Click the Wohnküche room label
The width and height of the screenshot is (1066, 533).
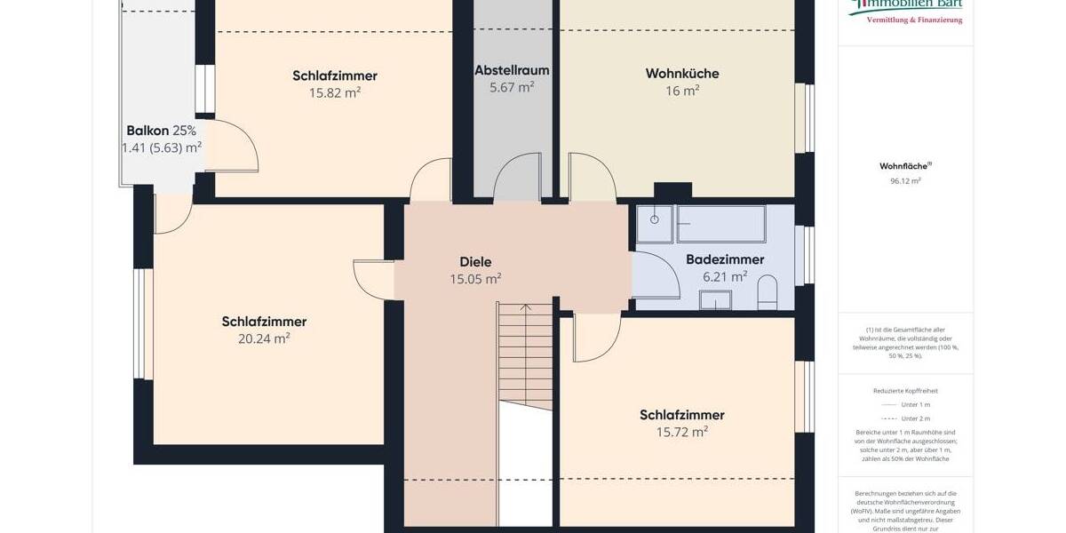(681, 74)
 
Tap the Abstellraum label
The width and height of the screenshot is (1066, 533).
(512, 70)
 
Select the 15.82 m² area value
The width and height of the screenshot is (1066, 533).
(334, 92)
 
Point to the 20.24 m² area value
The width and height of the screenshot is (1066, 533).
(264, 338)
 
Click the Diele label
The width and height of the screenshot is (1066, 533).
(475, 262)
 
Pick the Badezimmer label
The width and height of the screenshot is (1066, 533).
(725, 259)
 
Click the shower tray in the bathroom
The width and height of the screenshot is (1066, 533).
(655, 224)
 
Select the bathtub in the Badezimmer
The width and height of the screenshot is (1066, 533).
(720, 224)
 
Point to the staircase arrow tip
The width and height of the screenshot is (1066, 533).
(526, 307)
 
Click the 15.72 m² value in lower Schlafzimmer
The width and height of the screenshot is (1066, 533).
(681, 433)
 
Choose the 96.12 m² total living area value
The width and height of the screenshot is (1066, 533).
(905, 180)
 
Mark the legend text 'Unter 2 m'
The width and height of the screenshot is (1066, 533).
(915, 418)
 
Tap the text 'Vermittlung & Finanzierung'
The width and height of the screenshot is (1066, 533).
(914, 20)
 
